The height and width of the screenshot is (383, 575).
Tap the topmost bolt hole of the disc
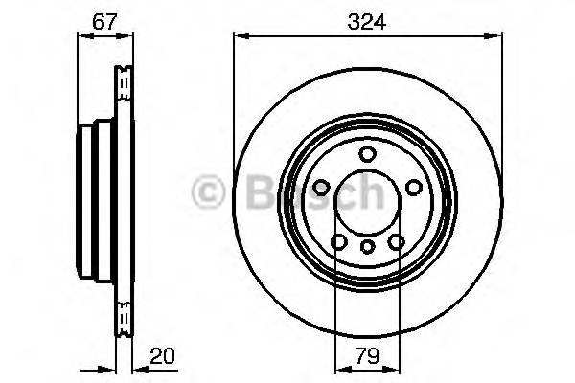[x=368, y=155]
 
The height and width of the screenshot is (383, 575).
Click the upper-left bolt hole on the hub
[x=321, y=189]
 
